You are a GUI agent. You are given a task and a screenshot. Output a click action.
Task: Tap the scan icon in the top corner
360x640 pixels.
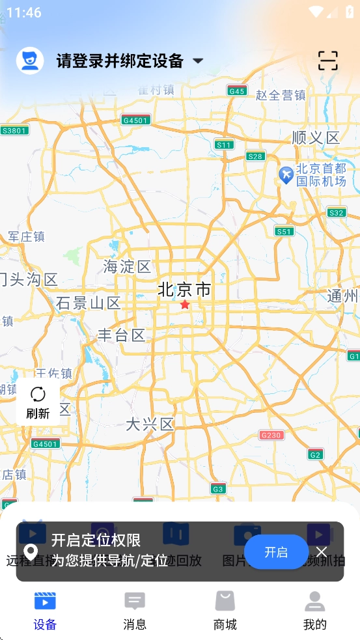click(x=328, y=61)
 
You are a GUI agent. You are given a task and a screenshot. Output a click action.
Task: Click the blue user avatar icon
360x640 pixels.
click(x=30, y=61)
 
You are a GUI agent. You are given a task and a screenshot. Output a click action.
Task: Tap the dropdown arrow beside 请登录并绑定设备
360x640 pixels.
click(x=198, y=61)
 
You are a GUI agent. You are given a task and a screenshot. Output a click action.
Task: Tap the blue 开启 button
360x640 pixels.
click(x=276, y=552)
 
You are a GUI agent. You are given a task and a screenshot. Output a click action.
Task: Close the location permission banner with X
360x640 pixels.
click(x=322, y=552)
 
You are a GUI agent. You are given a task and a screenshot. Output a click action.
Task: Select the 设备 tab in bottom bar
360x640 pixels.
click(x=45, y=611)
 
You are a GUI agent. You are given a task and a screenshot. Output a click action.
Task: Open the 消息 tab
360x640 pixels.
click(x=135, y=611)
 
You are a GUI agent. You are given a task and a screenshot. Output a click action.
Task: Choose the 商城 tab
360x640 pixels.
click(x=225, y=611)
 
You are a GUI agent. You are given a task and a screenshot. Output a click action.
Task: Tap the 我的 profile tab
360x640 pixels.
click(x=314, y=611)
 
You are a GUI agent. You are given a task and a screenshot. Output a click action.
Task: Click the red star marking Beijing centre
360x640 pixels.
click(x=185, y=304)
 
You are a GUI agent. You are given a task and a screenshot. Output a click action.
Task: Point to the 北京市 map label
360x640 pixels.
click(x=185, y=290)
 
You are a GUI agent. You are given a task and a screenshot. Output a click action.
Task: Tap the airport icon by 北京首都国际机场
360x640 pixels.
click(x=285, y=174)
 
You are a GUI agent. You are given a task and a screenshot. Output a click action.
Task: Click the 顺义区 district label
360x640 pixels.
click(x=316, y=137)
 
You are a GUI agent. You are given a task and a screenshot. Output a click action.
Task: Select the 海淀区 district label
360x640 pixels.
click(x=127, y=266)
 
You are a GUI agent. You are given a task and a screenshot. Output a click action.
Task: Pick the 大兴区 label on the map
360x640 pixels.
click(x=150, y=424)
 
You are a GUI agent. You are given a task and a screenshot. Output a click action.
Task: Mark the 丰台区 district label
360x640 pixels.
click(x=121, y=335)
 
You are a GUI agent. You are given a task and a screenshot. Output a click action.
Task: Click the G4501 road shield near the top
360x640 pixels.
click(x=135, y=120)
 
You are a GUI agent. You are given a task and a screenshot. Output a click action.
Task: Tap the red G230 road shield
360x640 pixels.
click(x=271, y=435)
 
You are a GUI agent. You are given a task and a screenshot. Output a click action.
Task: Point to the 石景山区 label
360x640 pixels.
click(x=89, y=303)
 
